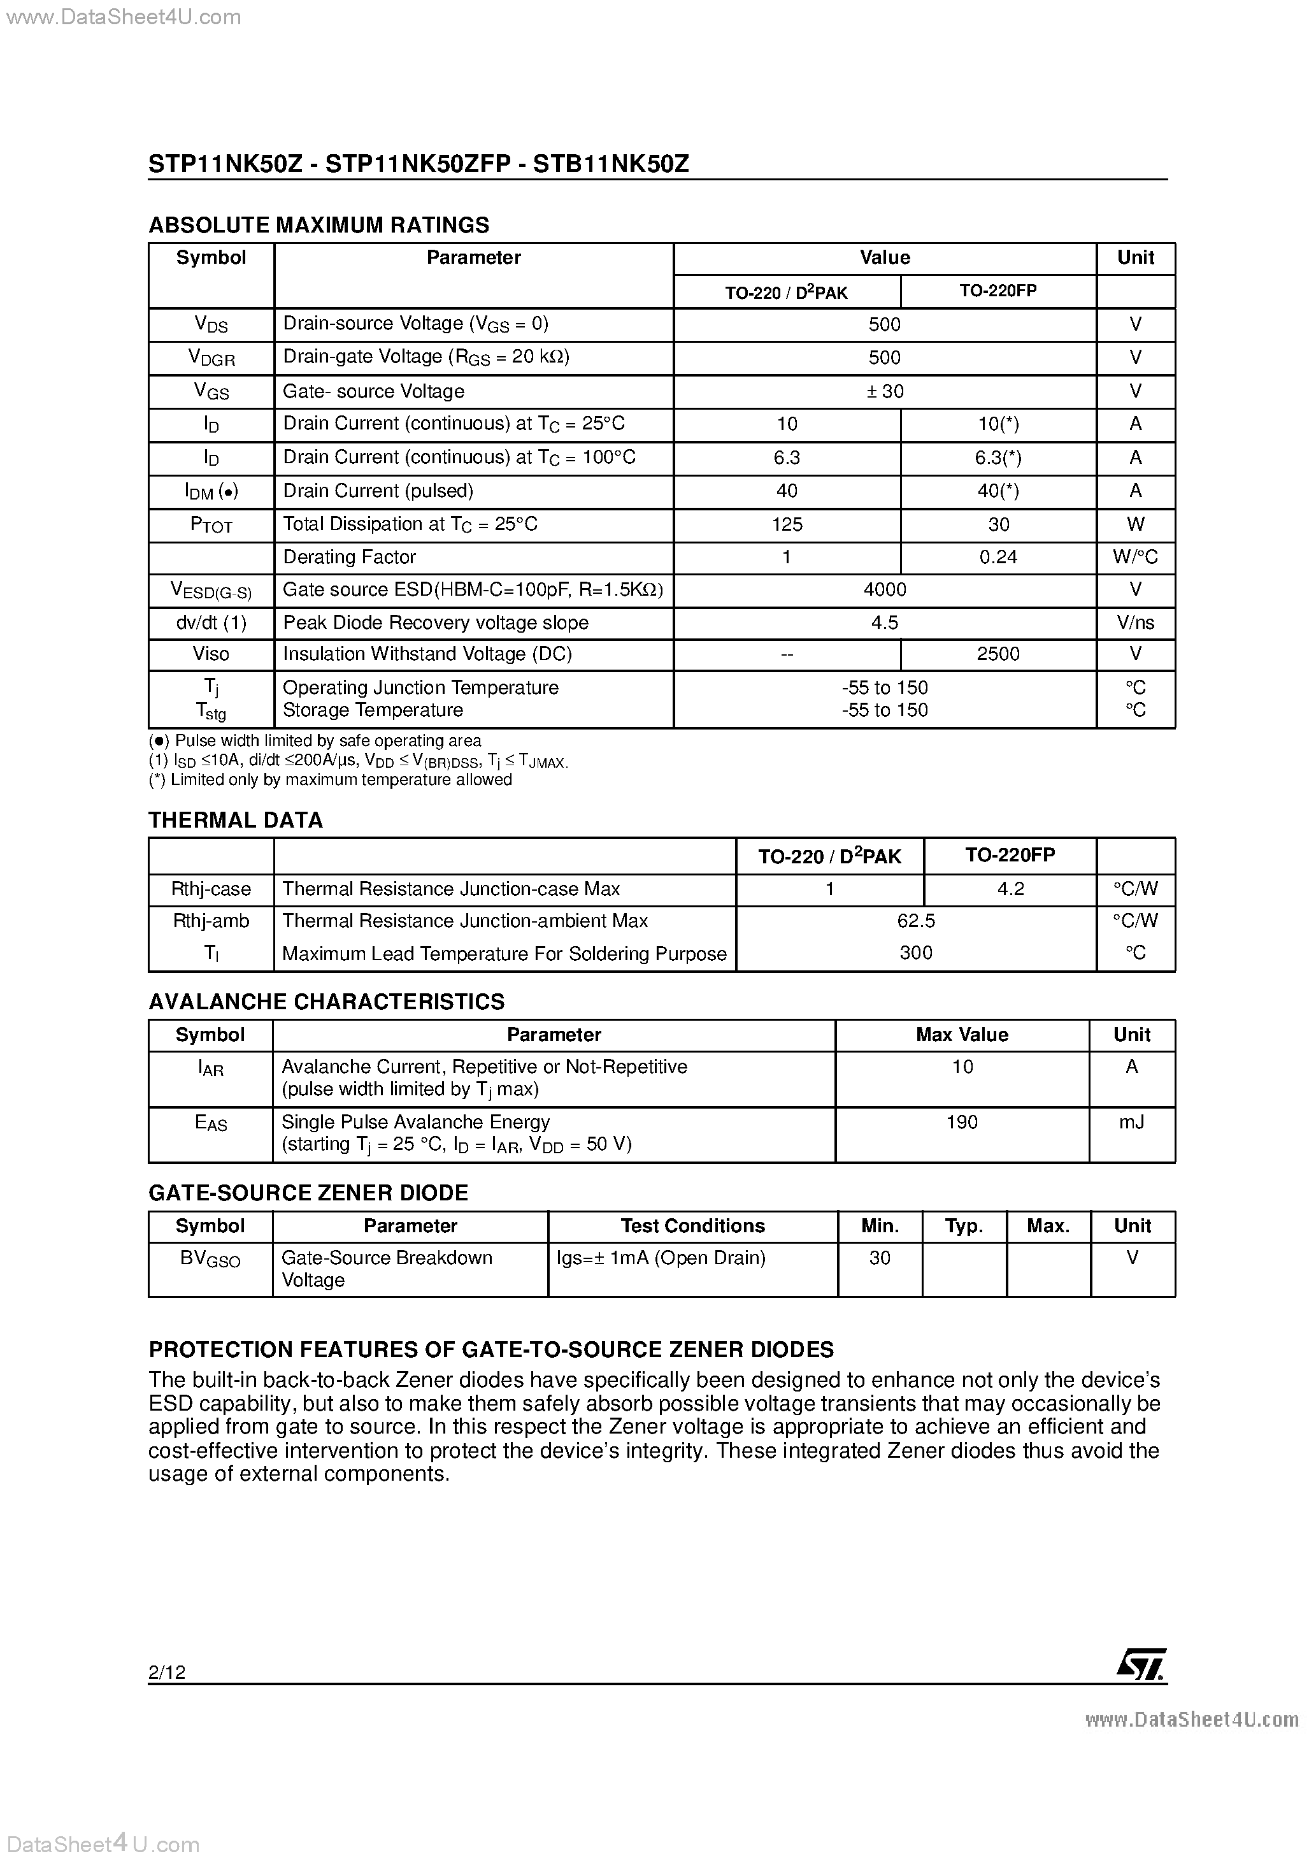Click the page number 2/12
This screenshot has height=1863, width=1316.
tap(167, 1671)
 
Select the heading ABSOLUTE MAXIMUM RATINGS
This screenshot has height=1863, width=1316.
tap(319, 225)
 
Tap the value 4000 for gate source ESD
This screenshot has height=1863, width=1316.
tap(884, 590)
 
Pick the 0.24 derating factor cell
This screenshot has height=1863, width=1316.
tap(998, 557)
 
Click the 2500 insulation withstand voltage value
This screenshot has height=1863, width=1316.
tap(998, 654)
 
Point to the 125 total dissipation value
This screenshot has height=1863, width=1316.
tap(786, 524)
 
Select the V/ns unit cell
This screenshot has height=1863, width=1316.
tap(1135, 622)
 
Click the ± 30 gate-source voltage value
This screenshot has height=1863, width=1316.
tap(884, 391)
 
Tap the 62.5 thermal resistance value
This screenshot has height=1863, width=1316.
tap(916, 921)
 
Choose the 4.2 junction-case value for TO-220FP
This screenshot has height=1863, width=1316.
tap(1010, 889)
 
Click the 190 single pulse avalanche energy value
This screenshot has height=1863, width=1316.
tap(961, 1122)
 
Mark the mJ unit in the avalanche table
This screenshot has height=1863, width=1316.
tap(1131, 1122)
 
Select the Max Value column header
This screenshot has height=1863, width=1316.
tap(961, 1035)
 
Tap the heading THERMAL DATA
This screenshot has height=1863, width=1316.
tap(235, 821)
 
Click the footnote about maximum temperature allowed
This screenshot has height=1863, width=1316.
tap(330, 780)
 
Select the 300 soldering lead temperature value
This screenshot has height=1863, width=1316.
tap(916, 953)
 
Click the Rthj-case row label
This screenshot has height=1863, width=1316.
tap(211, 889)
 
